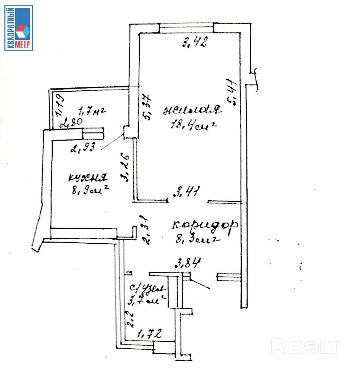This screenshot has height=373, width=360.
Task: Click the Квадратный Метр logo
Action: click(19, 28)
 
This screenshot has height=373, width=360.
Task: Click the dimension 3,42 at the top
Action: click(194, 43)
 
